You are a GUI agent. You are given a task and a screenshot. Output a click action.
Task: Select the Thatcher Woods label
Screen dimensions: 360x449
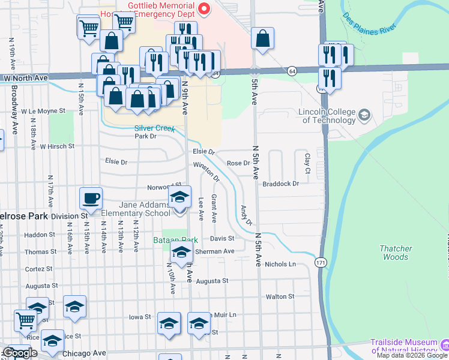point(396,253)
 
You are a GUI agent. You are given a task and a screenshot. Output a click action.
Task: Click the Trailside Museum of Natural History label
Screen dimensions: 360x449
point(403,346)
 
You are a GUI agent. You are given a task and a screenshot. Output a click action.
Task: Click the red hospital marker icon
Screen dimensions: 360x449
point(204,8)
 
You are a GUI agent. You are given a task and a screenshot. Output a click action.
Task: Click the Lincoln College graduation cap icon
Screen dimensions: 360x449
point(364,115)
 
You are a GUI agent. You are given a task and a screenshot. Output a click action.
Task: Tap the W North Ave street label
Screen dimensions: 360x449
point(25,78)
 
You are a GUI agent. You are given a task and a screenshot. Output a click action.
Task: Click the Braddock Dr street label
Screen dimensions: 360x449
point(280,184)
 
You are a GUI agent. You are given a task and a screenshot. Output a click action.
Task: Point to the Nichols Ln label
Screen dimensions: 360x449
point(280,263)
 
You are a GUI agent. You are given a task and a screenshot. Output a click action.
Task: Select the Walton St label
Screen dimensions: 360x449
point(280,296)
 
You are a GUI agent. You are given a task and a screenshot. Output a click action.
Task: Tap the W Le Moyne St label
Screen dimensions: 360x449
point(43,111)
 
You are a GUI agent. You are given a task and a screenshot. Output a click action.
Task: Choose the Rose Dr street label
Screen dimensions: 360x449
point(238,163)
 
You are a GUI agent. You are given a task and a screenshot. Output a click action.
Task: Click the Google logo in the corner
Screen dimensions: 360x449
point(20,353)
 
